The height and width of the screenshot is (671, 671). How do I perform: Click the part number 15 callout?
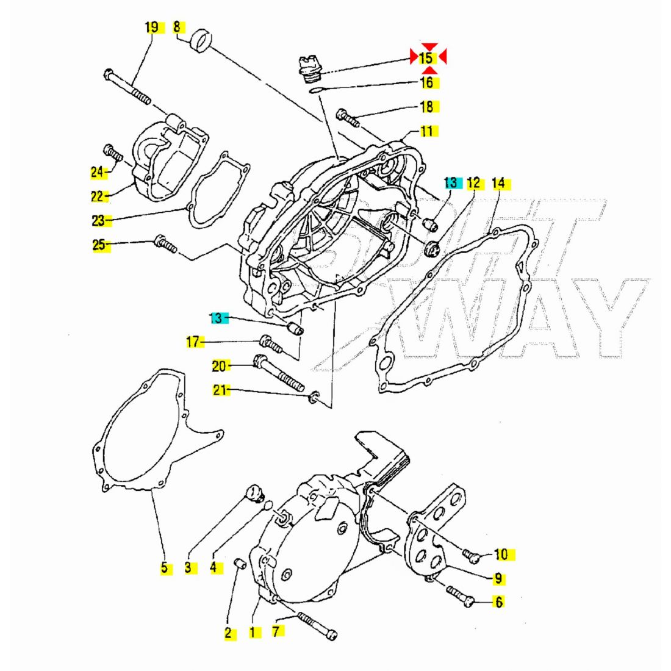pos(426,58)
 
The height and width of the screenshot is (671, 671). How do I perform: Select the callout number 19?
pos(152,27)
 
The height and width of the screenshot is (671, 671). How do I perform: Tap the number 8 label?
pos(177,27)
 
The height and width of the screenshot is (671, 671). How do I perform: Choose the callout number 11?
pos(426,131)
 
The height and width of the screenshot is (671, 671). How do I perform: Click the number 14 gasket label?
pos(498,183)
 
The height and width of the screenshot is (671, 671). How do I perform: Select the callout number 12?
pos(474,183)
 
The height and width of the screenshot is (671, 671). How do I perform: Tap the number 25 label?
pos(99,245)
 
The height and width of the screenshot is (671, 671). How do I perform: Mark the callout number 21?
pos(220,390)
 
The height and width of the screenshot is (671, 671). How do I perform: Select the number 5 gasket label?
pos(164,568)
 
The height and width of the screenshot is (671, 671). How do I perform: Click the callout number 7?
pos(277,631)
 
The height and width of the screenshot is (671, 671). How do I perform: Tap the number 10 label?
pos(501,554)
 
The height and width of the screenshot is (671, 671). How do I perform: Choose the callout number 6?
pos(499,603)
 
